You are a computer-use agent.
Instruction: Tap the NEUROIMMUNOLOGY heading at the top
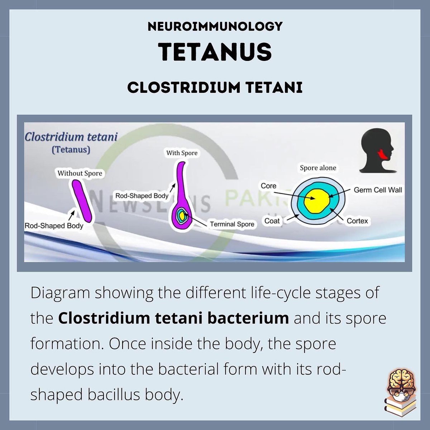215,26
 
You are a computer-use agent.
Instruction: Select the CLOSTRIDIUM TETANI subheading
215,87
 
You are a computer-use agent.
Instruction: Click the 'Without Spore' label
80,173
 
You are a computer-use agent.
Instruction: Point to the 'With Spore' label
182,153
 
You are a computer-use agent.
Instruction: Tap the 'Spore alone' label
318,168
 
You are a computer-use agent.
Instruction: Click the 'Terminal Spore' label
232,224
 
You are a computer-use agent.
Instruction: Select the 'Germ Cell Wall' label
378,190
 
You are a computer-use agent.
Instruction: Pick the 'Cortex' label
357,221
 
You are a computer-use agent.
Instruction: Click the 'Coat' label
272,221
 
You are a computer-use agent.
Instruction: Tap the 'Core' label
268,186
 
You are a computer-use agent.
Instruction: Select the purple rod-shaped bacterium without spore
82,201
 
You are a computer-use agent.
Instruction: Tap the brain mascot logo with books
401,393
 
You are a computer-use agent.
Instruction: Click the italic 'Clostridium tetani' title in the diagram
71,137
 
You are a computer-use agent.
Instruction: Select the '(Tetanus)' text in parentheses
71,149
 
